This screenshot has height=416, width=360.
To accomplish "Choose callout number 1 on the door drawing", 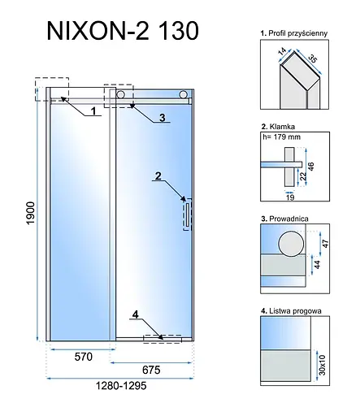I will coord(93,109).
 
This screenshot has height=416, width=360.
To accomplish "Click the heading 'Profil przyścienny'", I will coord(292,32).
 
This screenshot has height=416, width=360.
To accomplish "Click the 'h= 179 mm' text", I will coord(281,136).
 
